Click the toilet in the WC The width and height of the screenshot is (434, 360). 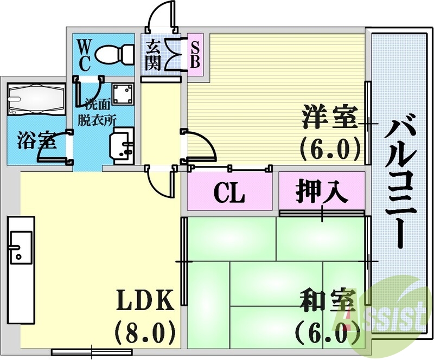[114, 54]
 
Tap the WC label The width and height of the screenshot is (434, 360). [84, 54]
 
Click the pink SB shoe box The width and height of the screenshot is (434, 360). [194, 55]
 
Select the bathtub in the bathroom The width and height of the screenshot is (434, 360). [36, 99]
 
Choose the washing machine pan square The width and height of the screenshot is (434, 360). [123, 94]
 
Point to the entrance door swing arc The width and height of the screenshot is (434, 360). [163, 14]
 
